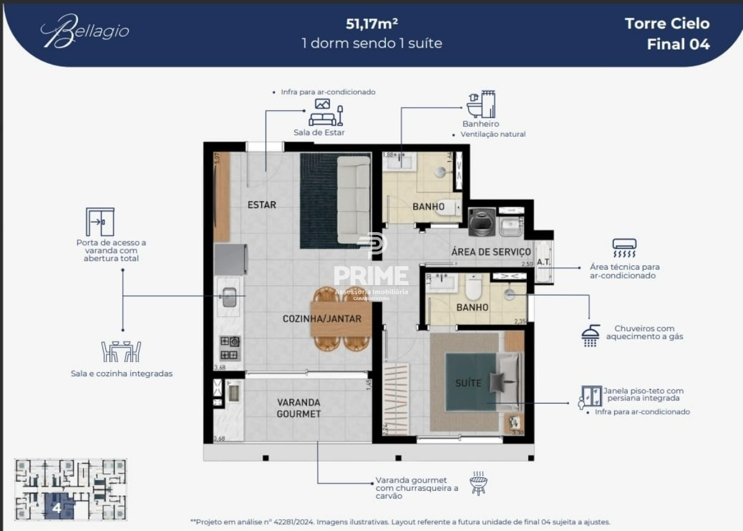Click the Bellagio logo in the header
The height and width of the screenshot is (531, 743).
coord(85,31)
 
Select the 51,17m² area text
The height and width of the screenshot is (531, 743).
coord(371,24)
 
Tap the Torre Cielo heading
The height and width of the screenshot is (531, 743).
coord(667,24)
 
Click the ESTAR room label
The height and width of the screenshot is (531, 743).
coord(261,205)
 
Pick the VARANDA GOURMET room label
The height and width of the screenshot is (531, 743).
coord(298,408)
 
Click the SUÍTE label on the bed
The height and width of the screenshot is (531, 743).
coord(468,383)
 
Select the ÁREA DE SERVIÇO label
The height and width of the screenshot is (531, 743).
coord(491,252)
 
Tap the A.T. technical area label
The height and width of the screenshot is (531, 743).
coord(543,262)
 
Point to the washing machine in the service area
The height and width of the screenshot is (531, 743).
coord(482,222)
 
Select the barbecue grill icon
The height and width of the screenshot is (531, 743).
coord(478,483)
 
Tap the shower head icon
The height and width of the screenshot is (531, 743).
coord(591,335)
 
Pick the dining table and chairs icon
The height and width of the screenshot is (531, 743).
coord(121,351)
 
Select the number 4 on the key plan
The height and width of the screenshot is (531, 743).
coord(57,509)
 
